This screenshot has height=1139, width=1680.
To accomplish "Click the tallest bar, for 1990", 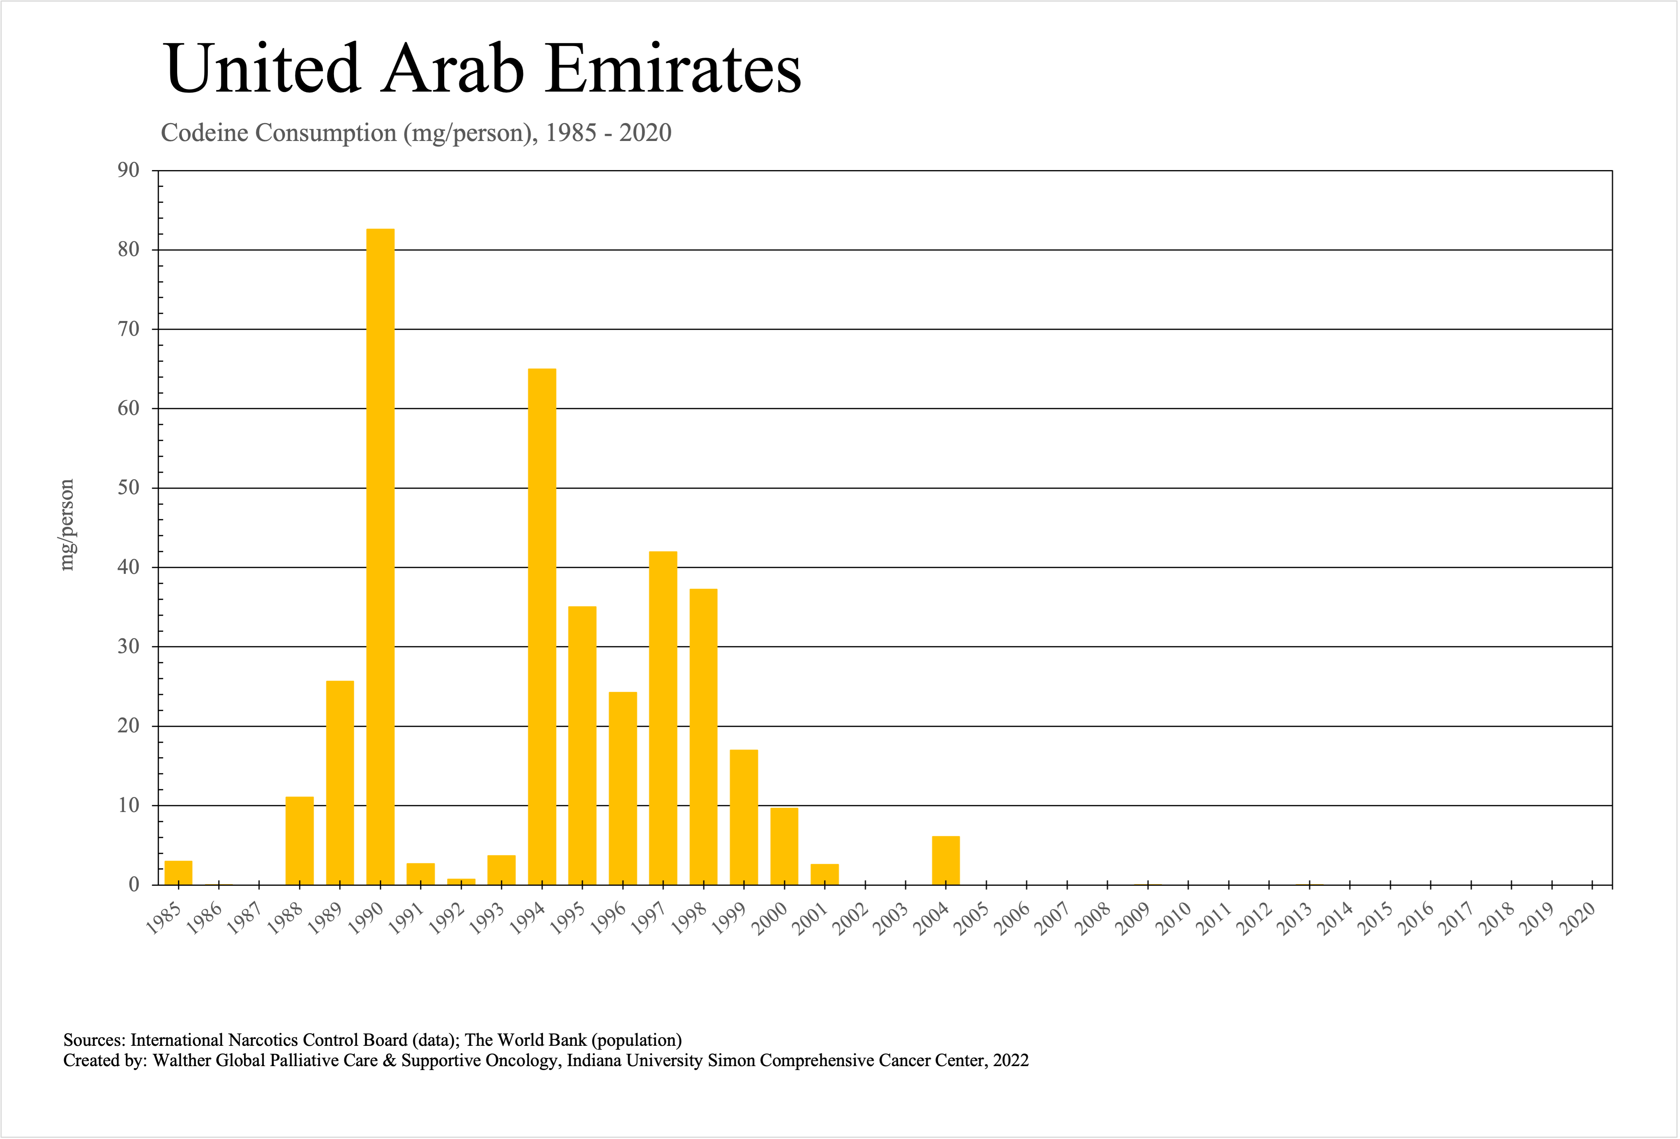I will click(380, 557).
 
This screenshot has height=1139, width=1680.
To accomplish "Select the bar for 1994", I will click(542, 626).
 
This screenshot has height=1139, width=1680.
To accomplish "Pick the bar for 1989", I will click(340, 783).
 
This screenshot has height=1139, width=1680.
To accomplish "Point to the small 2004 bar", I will click(946, 861).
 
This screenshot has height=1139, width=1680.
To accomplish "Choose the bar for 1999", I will click(744, 817).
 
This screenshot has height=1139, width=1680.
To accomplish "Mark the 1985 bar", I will click(179, 873).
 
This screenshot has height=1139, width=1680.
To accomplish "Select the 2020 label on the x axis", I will click(1578, 920).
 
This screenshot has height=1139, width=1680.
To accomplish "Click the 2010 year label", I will click(1174, 920).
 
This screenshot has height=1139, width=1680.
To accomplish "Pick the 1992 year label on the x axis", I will click(447, 920).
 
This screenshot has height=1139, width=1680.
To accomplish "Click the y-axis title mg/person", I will click(66, 524).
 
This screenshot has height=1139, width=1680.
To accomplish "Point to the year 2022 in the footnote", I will click(1011, 1060).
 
